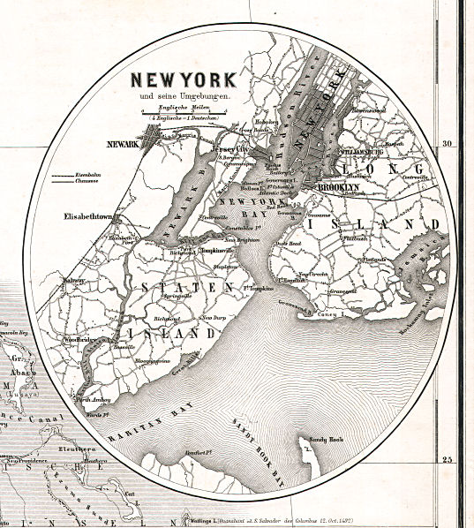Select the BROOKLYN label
coord(338,188)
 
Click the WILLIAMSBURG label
coord(362,151)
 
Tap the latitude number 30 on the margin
coord(447,143)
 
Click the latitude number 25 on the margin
coord(447,459)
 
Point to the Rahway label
coord(71,281)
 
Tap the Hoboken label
coord(266,122)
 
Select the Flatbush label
coord(355,238)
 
